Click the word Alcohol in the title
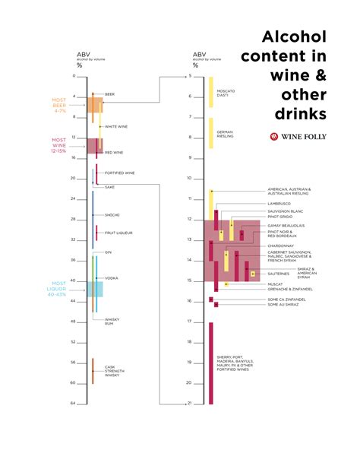pyautogui.click(x=294, y=37)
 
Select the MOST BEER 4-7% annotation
pyautogui.click(x=59, y=105)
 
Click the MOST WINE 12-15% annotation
pyautogui.click(x=59, y=146)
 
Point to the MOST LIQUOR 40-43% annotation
pyautogui.click(x=61, y=288)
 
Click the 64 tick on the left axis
pyautogui.click(x=74, y=403)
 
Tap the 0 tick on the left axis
pyautogui.click(x=74, y=76)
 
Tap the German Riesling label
pyautogui.click(x=225, y=135)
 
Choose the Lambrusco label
pyautogui.click(x=279, y=204)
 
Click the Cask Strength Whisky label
pyautogui.click(x=112, y=371)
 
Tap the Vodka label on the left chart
pyautogui.click(x=111, y=278)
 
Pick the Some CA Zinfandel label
pyautogui.click(x=286, y=299)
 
